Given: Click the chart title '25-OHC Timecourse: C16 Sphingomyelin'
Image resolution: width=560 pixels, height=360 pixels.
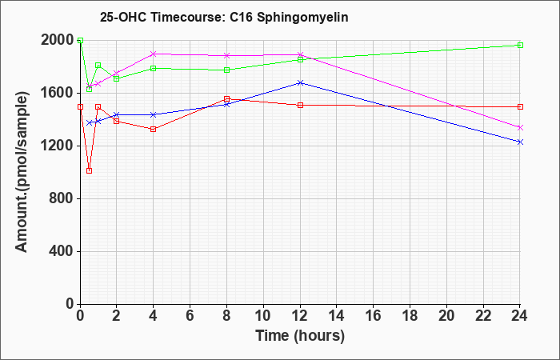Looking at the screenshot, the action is pos(224,17).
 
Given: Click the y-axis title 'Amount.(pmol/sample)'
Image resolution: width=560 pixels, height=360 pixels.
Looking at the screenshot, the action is pos(22,172).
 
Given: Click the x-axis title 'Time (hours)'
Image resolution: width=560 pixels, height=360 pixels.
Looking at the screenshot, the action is pos(300,336).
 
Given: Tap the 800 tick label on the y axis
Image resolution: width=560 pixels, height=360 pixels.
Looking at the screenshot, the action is pos(61,199).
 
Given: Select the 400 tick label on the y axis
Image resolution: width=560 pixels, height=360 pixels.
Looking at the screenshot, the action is pos(61,252).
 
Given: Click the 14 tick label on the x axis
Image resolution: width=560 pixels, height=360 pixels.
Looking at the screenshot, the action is pos(337,316).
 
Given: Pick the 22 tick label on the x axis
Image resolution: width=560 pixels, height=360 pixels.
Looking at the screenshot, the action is pos(483,316).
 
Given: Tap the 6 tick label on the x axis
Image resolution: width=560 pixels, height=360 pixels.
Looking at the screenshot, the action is pos(190,316).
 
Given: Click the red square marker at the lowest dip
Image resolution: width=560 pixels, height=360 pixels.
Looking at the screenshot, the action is pos(90,170).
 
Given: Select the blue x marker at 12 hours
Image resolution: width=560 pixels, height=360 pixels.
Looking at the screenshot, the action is pos(300,83).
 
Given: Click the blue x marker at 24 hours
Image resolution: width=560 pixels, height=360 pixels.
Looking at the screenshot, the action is pos(520,142).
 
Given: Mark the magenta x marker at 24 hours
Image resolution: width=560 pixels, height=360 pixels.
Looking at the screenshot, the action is pos(520,127).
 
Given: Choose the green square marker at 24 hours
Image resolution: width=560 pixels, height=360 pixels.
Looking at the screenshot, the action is pos(520,46).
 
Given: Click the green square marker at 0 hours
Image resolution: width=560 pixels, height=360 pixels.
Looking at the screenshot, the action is pos(80,40).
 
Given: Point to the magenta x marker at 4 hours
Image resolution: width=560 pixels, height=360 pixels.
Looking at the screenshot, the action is pos(154,54).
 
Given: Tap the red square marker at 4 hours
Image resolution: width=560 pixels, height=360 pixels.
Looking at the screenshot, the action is pos(154,130).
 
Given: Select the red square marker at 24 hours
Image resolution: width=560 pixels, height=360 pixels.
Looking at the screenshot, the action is pos(520,106).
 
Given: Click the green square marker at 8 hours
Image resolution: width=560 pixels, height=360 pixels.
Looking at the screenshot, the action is pos(226,70).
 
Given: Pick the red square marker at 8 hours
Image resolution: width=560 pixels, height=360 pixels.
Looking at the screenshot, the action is pos(226,99).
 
